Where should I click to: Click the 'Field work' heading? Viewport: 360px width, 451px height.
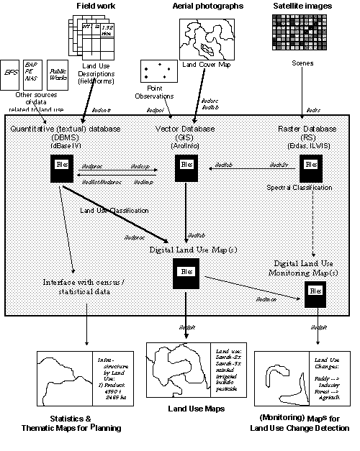pyautogui.click(x=96, y=6)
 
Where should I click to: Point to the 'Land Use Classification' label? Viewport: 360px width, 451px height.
pyautogui.click(x=114, y=210)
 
